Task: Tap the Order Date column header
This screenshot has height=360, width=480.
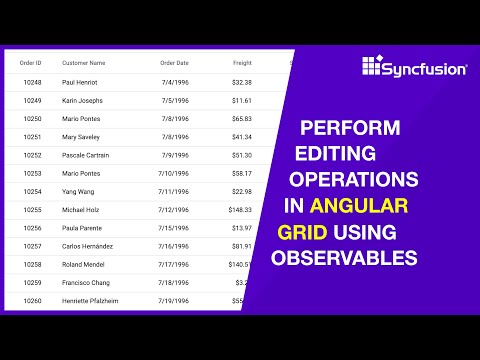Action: click(x=175, y=63)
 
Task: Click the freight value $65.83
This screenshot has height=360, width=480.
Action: click(x=240, y=119)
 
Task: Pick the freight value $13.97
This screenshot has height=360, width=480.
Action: click(x=240, y=228)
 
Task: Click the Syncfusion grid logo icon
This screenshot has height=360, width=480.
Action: click(x=372, y=67)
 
